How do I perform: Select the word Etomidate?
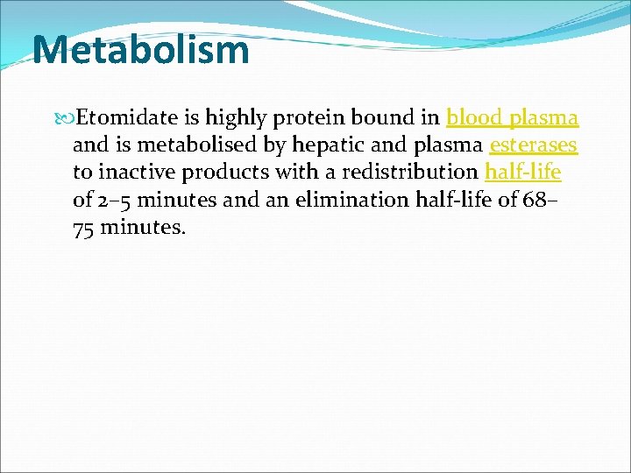(120, 117)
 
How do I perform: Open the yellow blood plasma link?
(512, 117)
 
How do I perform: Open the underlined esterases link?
(533, 145)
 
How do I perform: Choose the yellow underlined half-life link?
(522, 172)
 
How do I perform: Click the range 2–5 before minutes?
(115, 200)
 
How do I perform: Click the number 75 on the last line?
(85, 227)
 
